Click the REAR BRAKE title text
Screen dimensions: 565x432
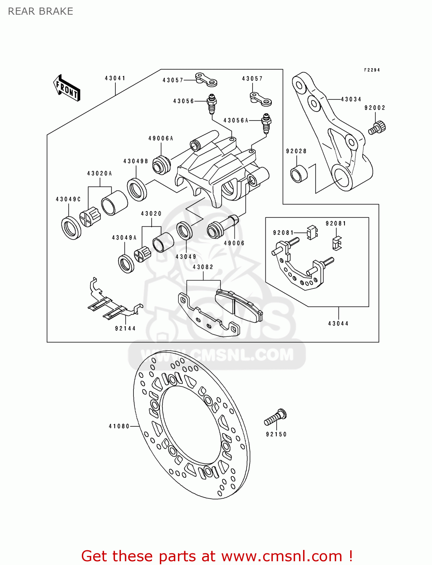point(40,11)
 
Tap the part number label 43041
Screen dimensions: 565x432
point(115,78)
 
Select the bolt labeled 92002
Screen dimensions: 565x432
point(377,127)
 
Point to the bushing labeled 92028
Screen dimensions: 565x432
point(299,174)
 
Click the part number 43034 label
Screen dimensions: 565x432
point(351,99)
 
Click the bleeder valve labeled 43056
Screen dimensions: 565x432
point(212,104)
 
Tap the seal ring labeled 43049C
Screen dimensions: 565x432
point(71,228)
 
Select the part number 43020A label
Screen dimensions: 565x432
point(100,174)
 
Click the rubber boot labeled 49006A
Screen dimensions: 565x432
point(161,165)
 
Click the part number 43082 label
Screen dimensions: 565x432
point(203,267)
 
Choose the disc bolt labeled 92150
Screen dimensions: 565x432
point(276,417)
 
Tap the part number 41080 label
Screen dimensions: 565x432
point(119,426)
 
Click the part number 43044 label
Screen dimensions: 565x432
point(338,324)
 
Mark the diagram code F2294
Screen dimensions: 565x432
point(372,70)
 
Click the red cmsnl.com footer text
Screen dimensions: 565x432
point(217,556)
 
